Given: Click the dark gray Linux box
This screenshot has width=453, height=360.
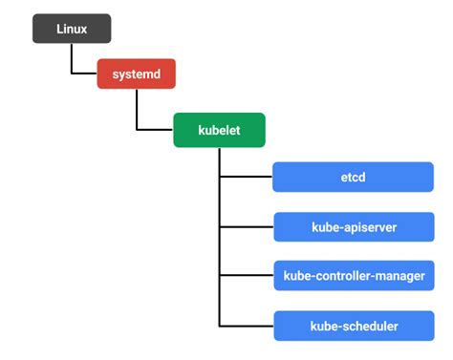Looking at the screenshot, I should click(x=72, y=29).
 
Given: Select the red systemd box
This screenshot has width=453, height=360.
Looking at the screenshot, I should click(x=137, y=74).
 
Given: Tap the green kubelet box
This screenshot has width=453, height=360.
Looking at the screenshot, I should click(x=219, y=129).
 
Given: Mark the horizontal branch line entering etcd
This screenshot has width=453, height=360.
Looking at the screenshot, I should click(x=246, y=177).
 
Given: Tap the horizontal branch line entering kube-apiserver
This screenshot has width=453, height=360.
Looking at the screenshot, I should click(x=246, y=227).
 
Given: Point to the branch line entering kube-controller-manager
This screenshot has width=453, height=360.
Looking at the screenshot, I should click(x=246, y=277).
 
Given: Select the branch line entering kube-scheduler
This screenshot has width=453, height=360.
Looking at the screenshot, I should click(x=246, y=327).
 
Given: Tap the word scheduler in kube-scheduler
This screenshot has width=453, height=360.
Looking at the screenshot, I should click(x=368, y=327).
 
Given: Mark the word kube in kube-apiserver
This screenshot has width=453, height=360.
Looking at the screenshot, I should click(x=326, y=227).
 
